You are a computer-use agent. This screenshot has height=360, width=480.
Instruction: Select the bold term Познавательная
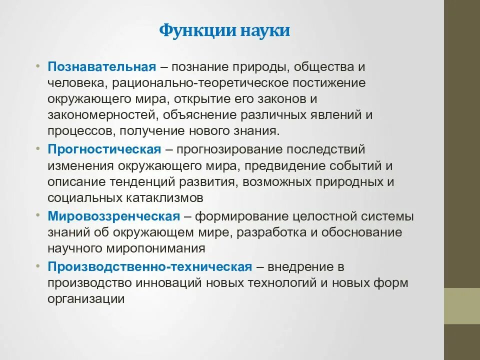[102, 66]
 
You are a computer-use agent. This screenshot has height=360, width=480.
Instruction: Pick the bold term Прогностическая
[104, 149]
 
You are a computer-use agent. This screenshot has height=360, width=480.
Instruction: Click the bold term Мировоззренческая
[113, 216]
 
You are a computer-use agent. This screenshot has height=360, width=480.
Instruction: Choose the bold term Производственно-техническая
[150, 266]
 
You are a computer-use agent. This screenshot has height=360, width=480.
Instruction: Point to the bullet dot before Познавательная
[39, 66]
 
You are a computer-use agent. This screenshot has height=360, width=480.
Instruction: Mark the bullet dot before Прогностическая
[39, 149]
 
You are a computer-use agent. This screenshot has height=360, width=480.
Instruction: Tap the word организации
[85, 299]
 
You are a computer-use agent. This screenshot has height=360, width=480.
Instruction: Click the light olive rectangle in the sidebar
[462, 306]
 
